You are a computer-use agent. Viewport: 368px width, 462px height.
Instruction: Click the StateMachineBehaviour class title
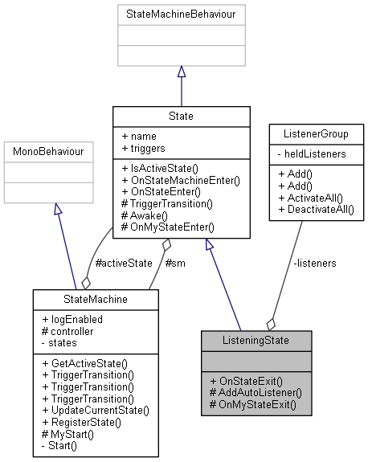coord(181,14)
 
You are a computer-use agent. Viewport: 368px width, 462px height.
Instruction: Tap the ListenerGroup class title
coord(316,133)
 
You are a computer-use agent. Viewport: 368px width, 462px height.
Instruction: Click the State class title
coord(174,116)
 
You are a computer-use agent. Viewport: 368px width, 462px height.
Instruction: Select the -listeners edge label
coord(315,262)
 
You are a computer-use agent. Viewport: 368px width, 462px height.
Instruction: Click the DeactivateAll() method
coord(316,209)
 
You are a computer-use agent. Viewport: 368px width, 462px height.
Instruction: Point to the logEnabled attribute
coord(72,318)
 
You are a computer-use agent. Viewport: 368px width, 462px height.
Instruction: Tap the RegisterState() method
coord(84,420)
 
